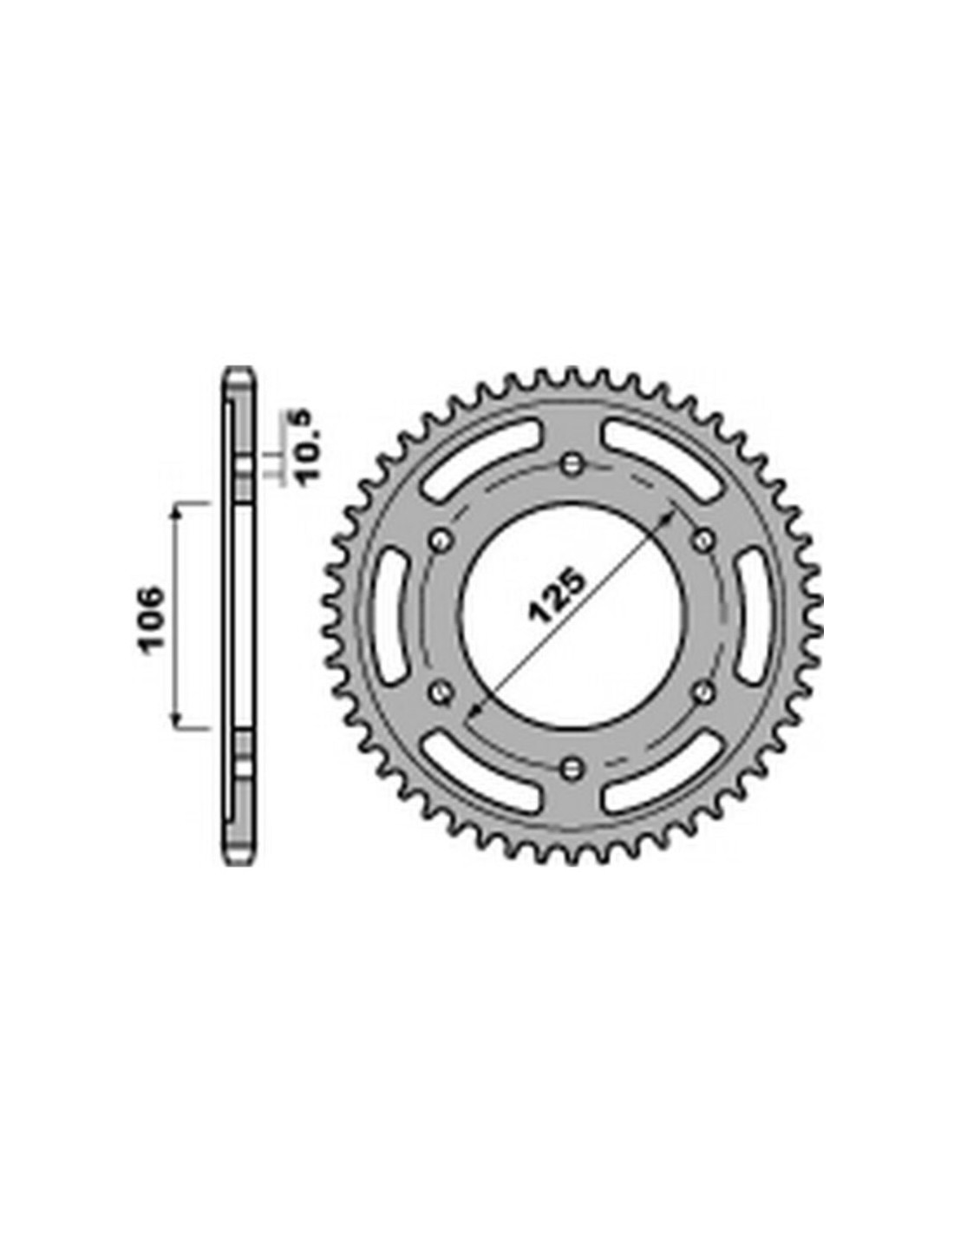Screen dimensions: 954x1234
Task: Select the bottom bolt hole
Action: pos(572,768)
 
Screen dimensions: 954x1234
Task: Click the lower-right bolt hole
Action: pos(702,692)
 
